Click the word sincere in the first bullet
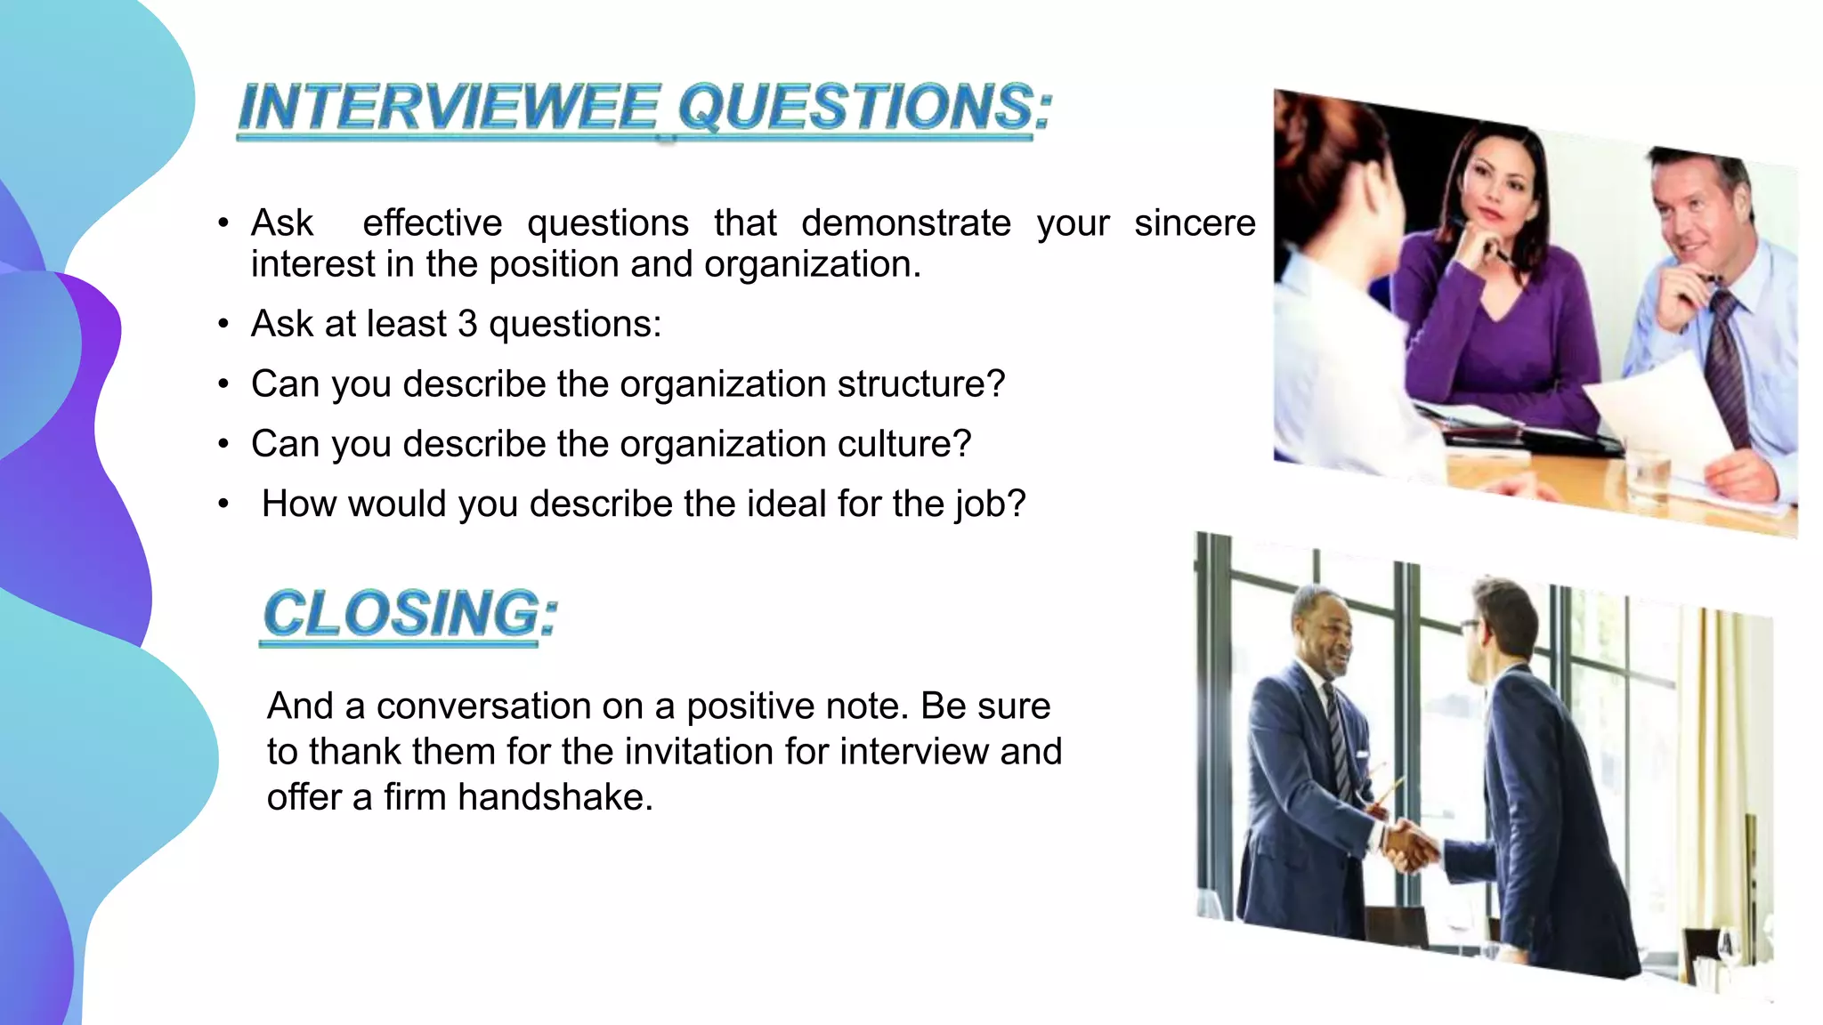pos(1195,222)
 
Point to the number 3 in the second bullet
pos(467,324)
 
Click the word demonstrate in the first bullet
pos(906,222)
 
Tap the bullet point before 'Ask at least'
pos(223,325)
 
